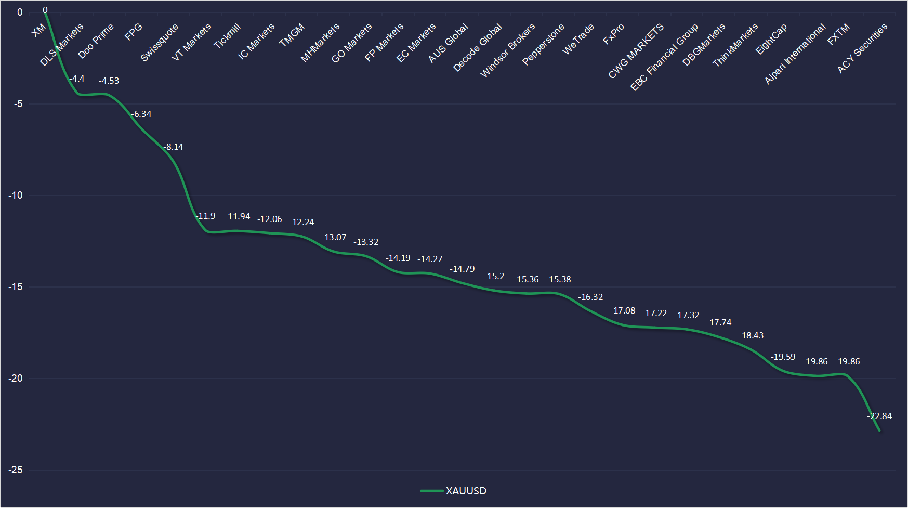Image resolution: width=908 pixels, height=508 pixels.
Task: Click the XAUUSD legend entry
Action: click(x=454, y=491)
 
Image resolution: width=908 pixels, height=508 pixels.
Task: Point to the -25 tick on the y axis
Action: click(x=16, y=470)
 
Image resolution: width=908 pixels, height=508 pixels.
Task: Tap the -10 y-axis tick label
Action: click(x=16, y=195)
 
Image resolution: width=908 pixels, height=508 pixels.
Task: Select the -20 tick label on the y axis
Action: click(x=16, y=378)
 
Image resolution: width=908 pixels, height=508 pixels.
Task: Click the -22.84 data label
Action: click(x=879, y=416)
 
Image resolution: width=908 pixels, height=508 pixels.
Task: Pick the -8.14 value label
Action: click(x=174, y=147)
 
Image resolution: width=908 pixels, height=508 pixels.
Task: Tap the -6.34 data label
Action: click(x=141, y=114)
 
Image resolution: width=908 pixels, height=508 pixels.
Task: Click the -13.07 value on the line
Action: click(x=334, y=237)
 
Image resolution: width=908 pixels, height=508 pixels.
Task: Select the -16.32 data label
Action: click(x=590, y=297)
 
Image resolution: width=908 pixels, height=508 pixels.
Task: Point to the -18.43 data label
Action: click(x=751, y=335)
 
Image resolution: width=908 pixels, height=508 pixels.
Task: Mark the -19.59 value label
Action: click(x=783, y=357)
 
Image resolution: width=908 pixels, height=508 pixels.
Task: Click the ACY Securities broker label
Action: click(x=862, y=48)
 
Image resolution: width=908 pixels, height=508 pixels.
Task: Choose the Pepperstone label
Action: click(x=543, y=45)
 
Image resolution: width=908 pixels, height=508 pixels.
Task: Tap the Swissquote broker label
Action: click(x=159, y=43)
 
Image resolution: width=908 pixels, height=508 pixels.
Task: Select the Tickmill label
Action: click(x=227, y=36)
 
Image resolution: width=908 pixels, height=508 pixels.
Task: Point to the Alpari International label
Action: click(x=795, y=54)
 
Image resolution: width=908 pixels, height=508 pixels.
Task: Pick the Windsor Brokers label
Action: click(x=507, y=50)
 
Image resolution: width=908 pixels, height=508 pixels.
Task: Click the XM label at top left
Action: click(x=38, y=31)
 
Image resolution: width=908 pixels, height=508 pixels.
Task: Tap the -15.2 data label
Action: click(x=494, y=276)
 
